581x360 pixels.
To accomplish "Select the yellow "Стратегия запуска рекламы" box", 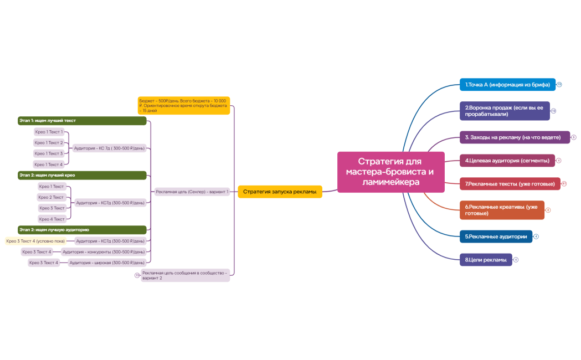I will (280, 192).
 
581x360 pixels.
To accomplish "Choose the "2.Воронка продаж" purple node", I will (504, 111).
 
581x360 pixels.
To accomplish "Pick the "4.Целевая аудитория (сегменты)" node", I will (507, 161).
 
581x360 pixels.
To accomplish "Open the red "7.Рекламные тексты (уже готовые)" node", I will (510, 183).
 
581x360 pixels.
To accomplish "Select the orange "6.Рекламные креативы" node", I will (502, 210).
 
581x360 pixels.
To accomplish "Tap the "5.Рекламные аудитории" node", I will (496, 236).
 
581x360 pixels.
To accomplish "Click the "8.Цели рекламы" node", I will (485, 260).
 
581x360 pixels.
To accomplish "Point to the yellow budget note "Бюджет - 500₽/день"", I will (183, 105).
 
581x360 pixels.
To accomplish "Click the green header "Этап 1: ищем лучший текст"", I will (82, 121).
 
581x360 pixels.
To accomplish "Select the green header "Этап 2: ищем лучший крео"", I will (82, 175).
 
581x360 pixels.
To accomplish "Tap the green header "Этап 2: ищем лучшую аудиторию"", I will (82, 229).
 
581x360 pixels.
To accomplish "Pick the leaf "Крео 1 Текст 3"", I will (49, 153).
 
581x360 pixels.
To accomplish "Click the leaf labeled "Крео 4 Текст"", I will (52, 219).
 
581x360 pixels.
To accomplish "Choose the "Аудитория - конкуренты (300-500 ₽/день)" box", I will (104, 252).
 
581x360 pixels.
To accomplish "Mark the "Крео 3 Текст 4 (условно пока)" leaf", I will (35, 241).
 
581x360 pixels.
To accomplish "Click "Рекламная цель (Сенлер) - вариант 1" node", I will (192, 192).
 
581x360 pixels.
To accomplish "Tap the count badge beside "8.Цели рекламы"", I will (516, 260).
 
